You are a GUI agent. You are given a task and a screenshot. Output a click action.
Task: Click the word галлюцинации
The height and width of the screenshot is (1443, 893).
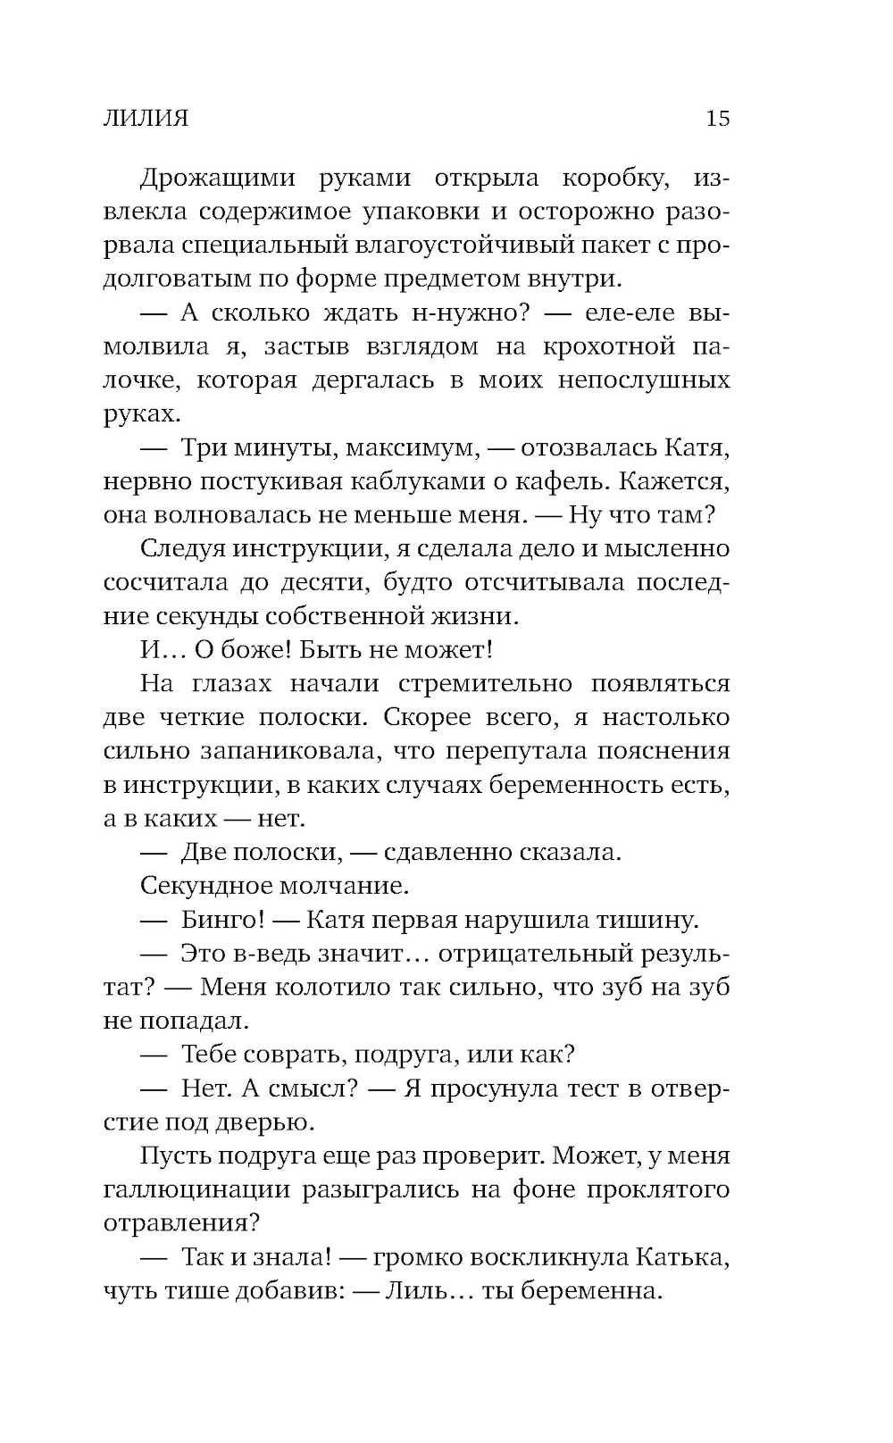pos(197,1189)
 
